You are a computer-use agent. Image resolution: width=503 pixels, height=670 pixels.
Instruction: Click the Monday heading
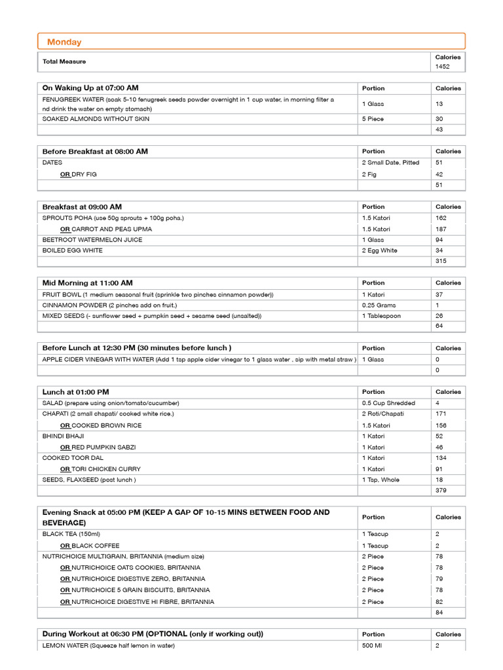coord(64,43)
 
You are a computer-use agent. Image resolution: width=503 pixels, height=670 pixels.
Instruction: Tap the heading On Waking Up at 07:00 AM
coord(90,88)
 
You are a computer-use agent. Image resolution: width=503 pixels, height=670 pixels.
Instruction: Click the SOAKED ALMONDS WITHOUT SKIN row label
coord(96,119)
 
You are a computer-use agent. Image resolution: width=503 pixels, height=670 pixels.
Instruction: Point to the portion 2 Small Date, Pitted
coord(390,162)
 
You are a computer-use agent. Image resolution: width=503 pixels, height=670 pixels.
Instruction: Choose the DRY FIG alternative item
coord(88,175)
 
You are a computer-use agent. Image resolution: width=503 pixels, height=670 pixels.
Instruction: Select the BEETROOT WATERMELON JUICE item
coord(91,239)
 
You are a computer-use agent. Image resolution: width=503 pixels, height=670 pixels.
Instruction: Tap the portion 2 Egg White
coord(381,251)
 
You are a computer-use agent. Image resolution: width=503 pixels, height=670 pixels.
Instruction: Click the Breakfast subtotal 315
coord(441,262)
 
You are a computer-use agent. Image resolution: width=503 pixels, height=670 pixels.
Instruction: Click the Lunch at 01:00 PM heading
coord(76,392)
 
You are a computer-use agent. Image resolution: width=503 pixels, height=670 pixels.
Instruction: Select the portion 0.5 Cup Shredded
coord(388,403)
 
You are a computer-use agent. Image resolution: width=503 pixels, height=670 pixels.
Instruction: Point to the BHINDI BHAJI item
coord(63,436)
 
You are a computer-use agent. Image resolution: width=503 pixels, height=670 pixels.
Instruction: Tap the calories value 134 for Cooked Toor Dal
coord(441,458)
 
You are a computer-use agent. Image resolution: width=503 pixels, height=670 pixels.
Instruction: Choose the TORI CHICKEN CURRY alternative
coord(106,469)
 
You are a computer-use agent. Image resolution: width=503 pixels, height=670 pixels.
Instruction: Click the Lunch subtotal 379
coord(441,490)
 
